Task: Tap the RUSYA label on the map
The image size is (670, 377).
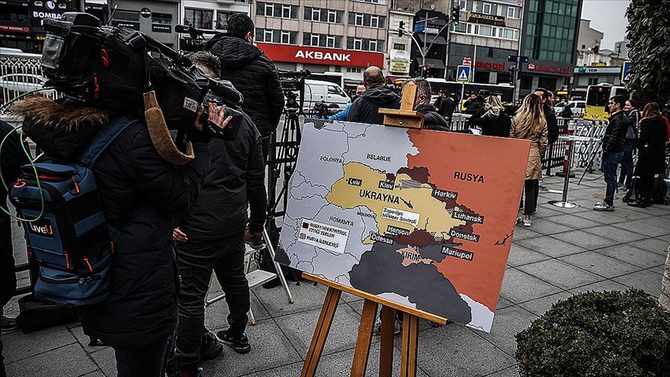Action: pos(468,177)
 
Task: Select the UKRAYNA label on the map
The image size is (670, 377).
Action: pos(379,196)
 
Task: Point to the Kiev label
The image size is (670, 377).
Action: pos(386,185)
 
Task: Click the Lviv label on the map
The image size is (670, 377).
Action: pos(354,182)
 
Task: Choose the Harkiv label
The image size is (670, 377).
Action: pos(444,194)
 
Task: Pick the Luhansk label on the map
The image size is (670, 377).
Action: pos(467,218)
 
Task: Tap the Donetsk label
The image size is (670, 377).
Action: pos(464,235)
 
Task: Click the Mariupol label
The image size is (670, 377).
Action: pos(457,253)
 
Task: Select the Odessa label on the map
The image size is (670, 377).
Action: pos(381,238)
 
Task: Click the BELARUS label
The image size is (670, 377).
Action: pos(378,157)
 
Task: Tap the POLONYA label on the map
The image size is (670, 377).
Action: pos(331,159)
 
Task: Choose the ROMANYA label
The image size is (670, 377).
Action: pos(340,220)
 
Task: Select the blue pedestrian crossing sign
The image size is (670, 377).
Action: pos(463,73)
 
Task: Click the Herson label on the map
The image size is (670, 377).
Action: pos(398,230)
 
